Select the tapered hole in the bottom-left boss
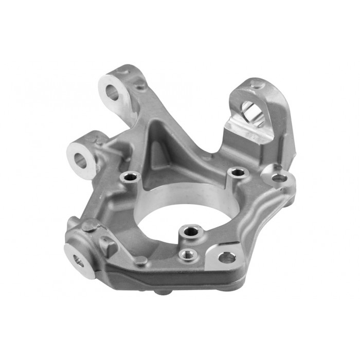click(x=78, y=261)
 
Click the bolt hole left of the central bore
click(x=130, y=178)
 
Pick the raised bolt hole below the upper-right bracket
click(x=237, y=172)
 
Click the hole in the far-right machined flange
click(x=279, y=178)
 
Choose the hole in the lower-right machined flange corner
click(x=227, y=257)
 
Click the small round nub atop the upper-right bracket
click(x=254, y=85)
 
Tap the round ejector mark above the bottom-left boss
click(x=90, y=225)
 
